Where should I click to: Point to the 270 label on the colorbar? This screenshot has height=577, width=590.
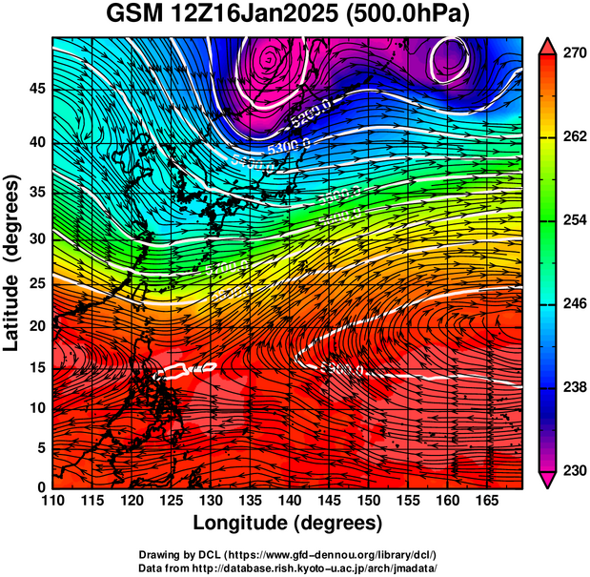coord(574,54)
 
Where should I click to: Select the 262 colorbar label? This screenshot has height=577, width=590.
coord(574,137)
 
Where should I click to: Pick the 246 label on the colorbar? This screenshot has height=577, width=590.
coord(574,304)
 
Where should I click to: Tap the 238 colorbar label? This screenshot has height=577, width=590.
coord(574,388)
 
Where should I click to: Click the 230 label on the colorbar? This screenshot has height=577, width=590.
coord(574,471)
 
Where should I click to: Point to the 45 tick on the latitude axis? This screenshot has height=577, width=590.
coord(36,88)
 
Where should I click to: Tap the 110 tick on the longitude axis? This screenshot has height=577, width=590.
coord(52,500)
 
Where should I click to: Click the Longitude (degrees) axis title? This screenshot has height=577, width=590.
coord(288,523)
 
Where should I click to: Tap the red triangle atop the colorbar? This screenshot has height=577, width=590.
coord(547,45)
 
